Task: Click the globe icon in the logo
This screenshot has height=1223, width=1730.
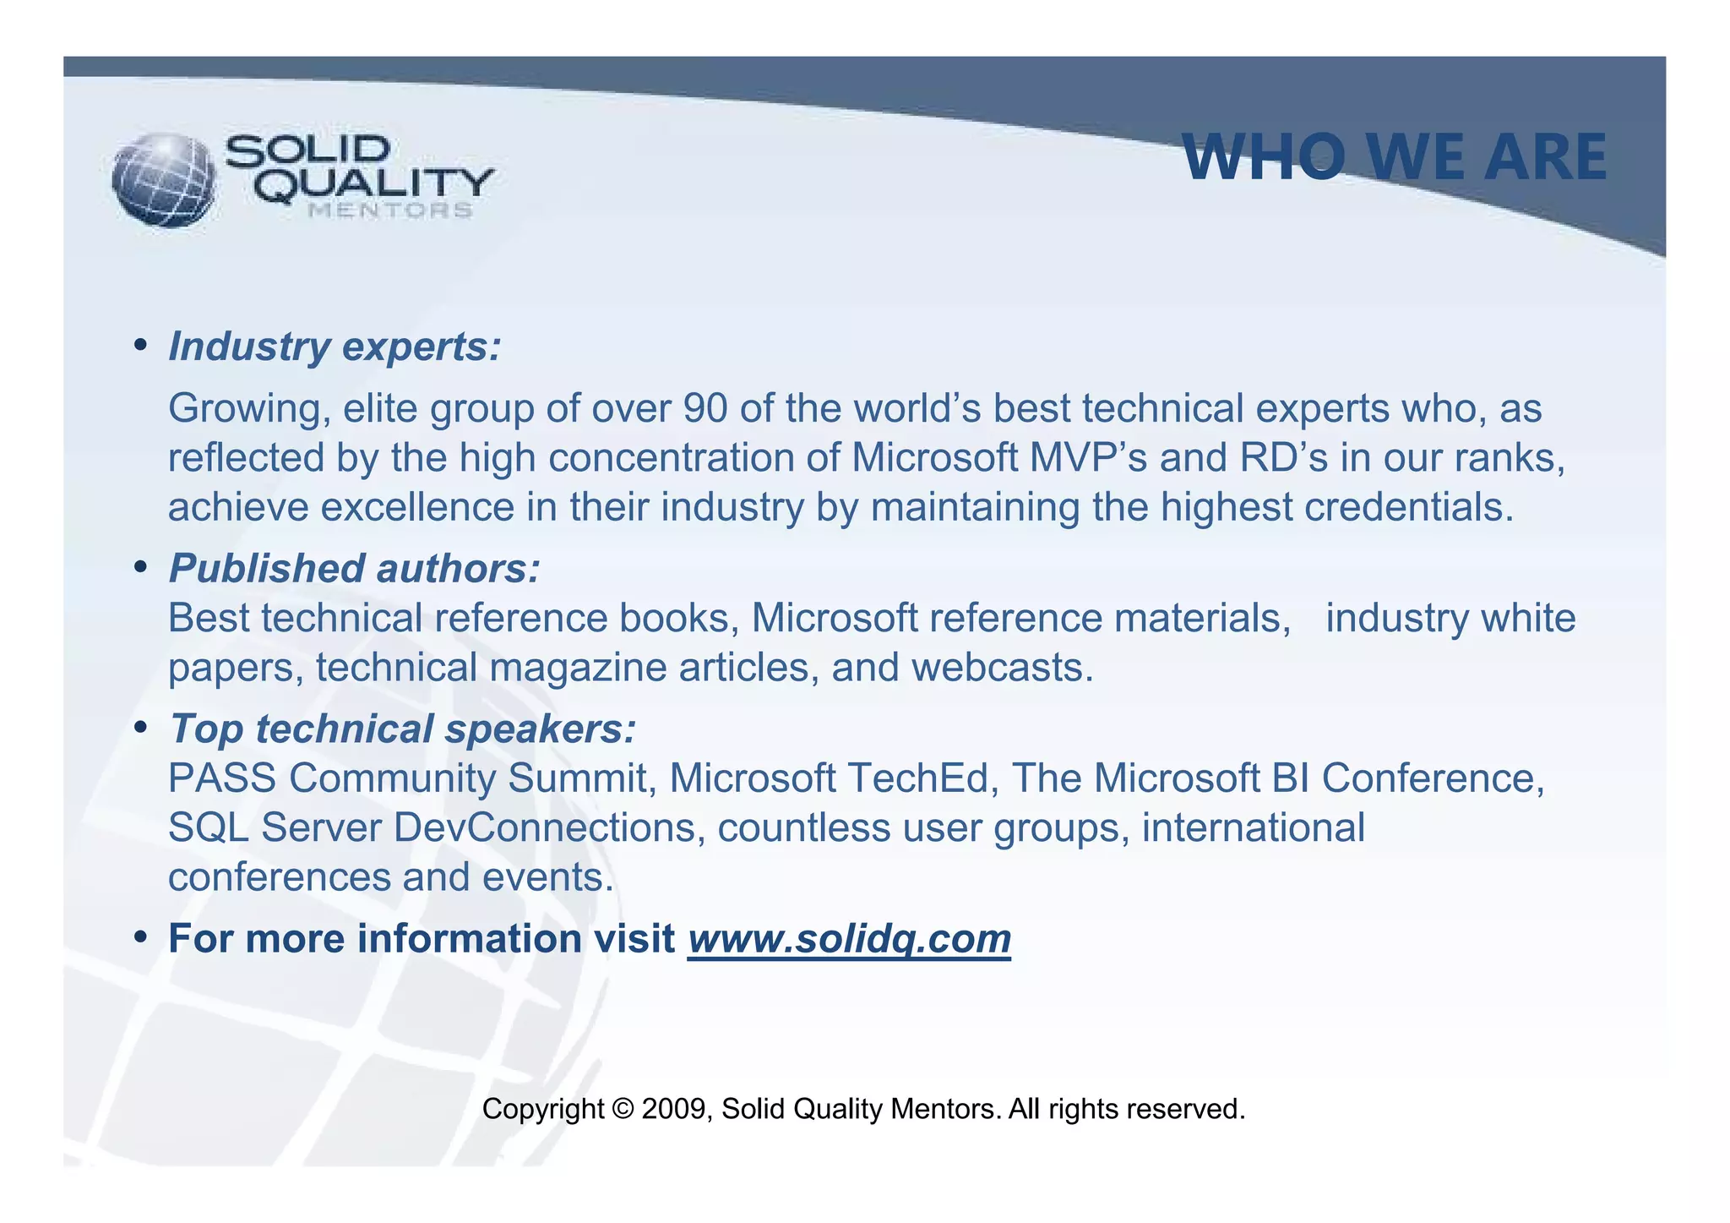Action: tap(162, 180)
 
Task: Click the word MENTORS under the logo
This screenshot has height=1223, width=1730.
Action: tap(389, 210)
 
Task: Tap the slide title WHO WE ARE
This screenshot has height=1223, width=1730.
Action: tap(1394, 157)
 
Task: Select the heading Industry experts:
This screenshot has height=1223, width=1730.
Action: tap(335, 347)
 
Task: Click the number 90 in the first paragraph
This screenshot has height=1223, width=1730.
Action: tap(705, 408)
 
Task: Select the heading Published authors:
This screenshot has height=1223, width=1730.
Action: tap(354, 568)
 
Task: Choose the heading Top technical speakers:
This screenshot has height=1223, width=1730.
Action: tap(402, 729)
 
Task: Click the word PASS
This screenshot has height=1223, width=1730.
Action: tap(221, 778)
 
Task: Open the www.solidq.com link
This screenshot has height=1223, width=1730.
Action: tap(849, 939)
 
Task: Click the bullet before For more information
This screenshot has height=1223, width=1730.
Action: tap(141, 938)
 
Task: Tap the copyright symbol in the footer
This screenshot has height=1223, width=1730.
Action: tap(622, 1109)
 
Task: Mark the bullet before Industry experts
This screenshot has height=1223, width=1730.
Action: tap(141, 346)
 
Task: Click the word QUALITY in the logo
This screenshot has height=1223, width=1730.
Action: tap(373, 184)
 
